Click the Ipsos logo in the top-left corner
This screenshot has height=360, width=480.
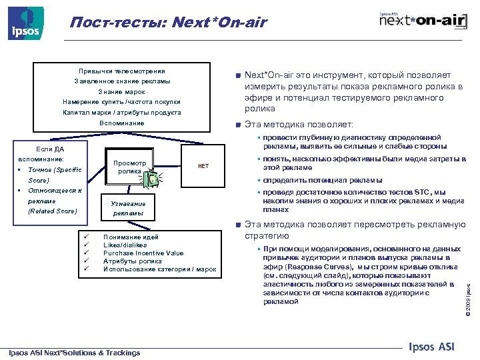click(25, 23)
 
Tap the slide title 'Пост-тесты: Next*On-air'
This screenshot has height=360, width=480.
click(168, 23)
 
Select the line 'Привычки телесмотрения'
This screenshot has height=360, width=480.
click(122, 71)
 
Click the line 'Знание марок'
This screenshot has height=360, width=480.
click(122, 91)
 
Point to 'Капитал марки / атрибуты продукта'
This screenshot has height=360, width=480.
click(122, 112)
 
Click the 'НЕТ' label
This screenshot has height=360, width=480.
click(204, 166)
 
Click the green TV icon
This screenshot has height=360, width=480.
click(154, 179)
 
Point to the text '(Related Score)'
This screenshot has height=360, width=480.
click(53, 211)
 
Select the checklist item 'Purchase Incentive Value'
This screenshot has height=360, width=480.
click(143, 253)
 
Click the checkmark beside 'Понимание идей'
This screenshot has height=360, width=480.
click(85, 237)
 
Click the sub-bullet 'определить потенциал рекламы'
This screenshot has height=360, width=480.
click(323, 180)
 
